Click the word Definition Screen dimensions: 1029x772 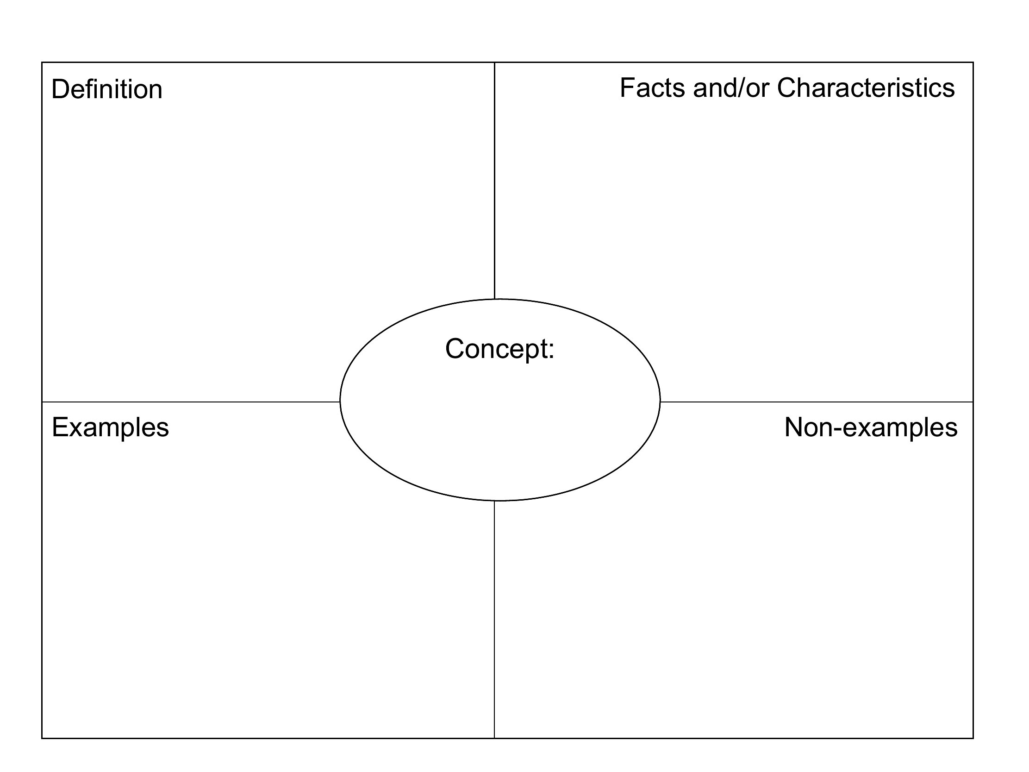[x=107, y=89]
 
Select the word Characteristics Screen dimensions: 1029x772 [x=866, y=88]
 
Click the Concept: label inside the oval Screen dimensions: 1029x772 [x=500, y=349]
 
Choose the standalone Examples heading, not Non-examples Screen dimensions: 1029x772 [x=110, y=427]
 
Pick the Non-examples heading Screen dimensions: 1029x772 [x=871, y=427]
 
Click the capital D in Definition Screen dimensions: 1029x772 [x=60, y=89]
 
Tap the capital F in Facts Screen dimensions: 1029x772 [x=628, y=88]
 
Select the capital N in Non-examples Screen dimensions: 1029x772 [x=793, y=427]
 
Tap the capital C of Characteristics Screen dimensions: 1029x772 [x=786, y=88]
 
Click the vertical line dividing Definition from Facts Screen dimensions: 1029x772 [x=494, y=181]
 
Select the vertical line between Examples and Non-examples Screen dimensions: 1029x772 [x=494, y=619]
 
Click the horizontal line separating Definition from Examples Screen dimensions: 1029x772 [x=191, y=402]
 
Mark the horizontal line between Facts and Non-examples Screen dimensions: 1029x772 [x=817, y=402]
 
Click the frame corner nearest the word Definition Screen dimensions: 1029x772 [x=42, y=63]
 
